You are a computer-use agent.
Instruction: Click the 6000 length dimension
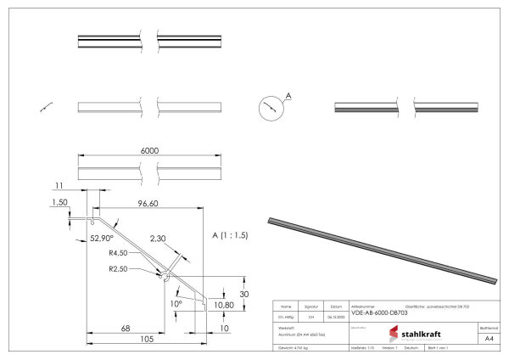pyautogui.click(x=150, y=150)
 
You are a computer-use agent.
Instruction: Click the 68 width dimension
pyautogui.click(x=125, y=328)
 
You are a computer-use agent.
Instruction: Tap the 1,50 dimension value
pyautogui.click(x=59, y=204)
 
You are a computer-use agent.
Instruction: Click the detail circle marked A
pyautogui.click(x=269, y=109)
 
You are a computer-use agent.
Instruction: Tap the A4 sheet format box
pyautogui.click(x=489, y=338)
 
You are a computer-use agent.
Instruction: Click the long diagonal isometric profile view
pyautogui.click(x=382, y=250)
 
